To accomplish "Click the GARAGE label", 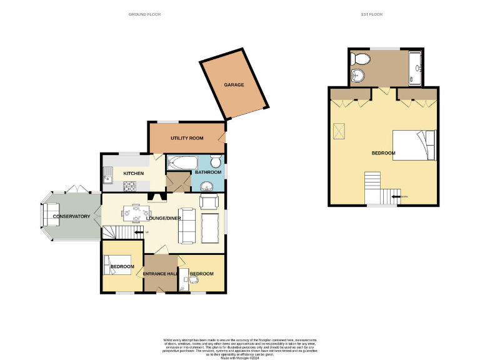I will pos(234,85).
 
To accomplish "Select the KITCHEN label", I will pos(133,173).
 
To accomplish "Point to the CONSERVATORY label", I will pos(72,216).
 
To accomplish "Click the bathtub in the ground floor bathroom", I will pos(182,163).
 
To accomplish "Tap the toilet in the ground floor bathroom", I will pos(216,163).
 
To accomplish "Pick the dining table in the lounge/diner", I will pos(134,213).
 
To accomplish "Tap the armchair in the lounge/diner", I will pos(209,201).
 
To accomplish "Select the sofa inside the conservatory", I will pos(47,216).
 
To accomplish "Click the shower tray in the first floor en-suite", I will pos(416,67).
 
